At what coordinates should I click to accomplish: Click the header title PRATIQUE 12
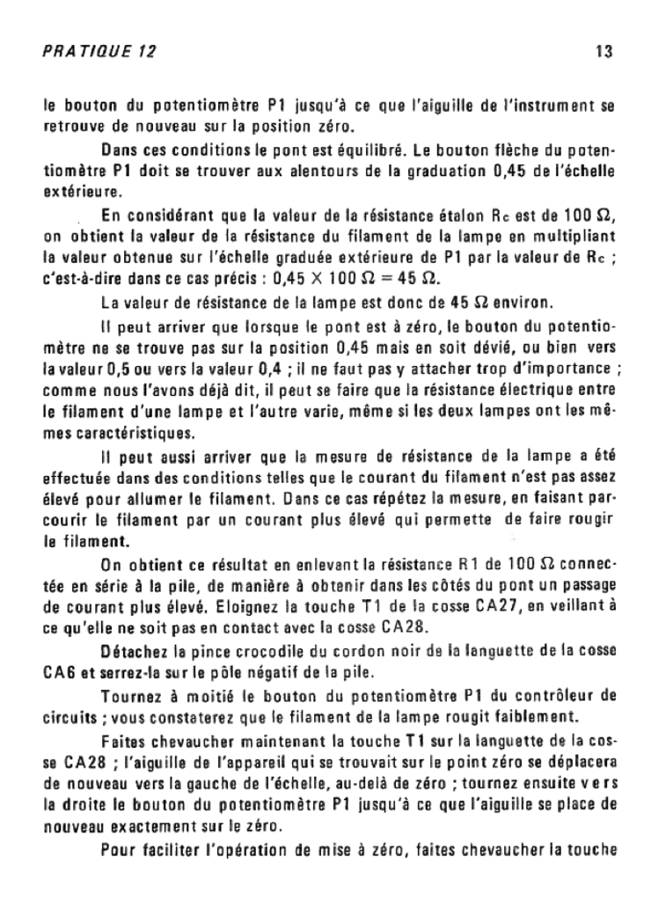click(x=99, y=52)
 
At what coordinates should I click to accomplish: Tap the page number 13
click(x=603, y=52)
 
